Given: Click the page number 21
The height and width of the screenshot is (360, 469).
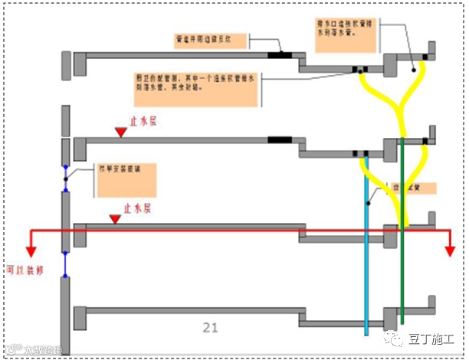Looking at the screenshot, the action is click(211, 328).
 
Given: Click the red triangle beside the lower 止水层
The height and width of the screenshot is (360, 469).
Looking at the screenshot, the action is click(115, 220).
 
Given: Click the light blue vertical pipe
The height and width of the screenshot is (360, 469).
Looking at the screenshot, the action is click(366, 245).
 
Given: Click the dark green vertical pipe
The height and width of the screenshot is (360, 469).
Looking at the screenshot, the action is click(401, 230).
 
